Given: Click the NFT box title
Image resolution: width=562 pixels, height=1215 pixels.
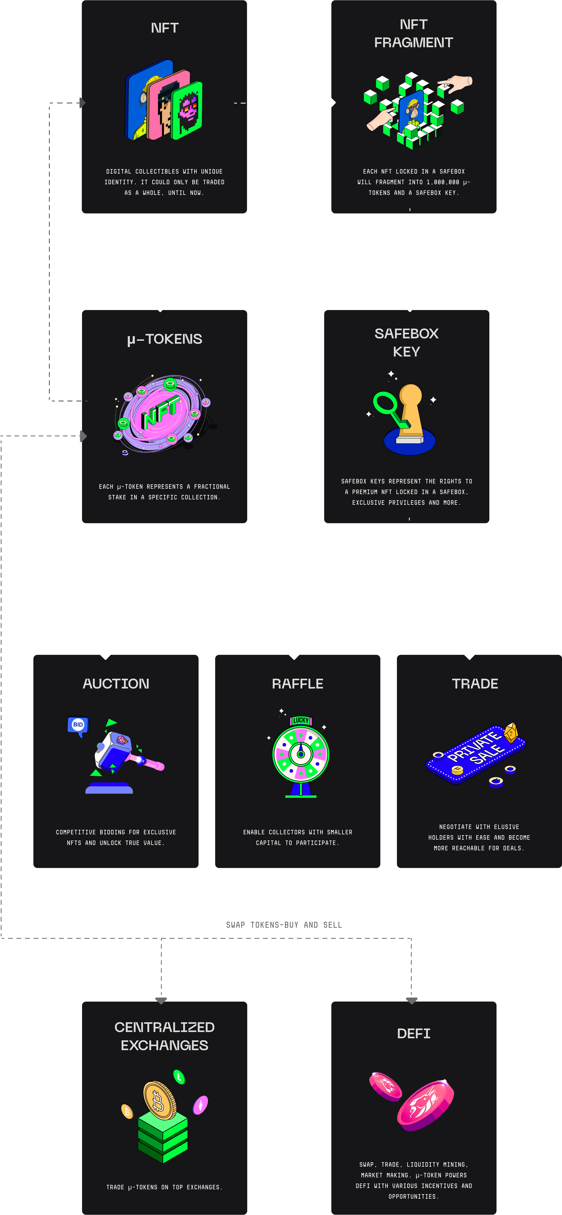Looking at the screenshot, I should tap(165, 28).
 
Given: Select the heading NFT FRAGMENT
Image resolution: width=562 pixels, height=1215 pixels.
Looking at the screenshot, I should tap(413, 33).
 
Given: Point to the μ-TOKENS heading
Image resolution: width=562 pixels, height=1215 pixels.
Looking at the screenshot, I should tap(165, 339).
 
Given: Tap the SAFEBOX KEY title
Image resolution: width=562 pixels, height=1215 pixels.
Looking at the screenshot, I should tap(406, 342).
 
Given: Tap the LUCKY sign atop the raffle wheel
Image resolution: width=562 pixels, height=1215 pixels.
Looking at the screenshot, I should tap(301, 720).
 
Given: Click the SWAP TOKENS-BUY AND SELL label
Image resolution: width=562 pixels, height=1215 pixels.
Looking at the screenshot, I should tap(284, 925).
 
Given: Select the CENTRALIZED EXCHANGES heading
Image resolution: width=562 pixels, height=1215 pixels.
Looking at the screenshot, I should tap(165, 1036).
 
